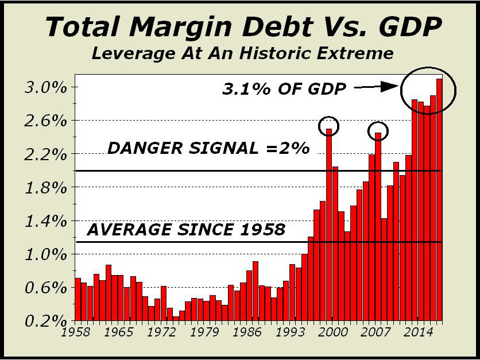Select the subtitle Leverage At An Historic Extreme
click(242, 54)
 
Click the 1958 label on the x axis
click(76, 332)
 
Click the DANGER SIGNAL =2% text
click(208, 148)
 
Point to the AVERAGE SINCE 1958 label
click(186, 230)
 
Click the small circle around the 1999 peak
click(328, 125)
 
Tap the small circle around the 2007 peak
click(378, 131)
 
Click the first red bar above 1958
click(78, 299)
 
